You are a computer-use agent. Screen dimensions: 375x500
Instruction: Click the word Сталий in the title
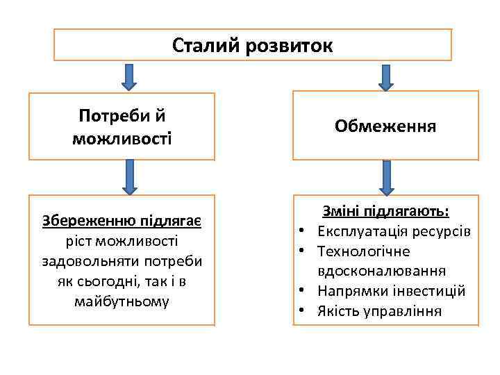[201, 45]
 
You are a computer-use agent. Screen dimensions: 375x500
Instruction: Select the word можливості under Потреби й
[122, 138]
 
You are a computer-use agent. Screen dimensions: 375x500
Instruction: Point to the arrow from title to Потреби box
[128, 76]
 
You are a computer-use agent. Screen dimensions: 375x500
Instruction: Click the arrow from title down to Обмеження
[386, 76]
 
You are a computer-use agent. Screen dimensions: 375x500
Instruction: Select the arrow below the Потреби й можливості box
[130, 176]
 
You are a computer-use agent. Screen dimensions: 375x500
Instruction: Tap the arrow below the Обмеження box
[387, 177]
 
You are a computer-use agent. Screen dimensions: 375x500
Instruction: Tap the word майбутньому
[122, 302]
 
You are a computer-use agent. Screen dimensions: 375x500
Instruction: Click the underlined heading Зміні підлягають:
[385, 211]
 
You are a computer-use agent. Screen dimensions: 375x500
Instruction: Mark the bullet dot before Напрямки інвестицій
[303, 291]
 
